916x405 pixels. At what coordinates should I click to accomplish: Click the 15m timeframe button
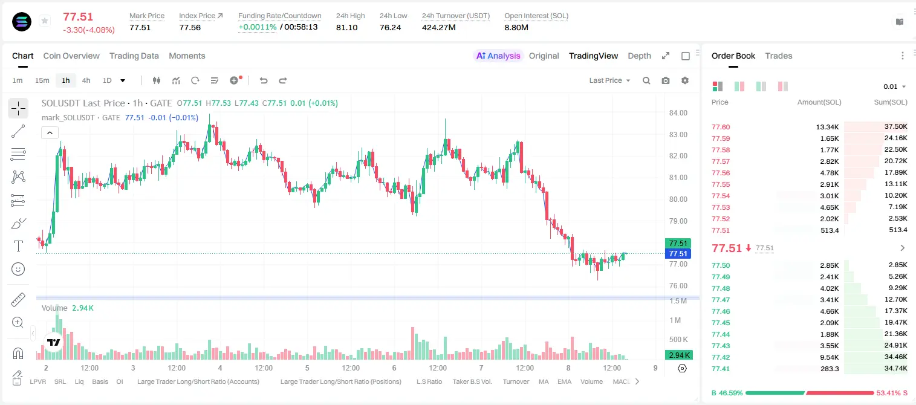click(x=42, y=80)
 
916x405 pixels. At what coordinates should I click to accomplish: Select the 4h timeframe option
click(x=86, y=80)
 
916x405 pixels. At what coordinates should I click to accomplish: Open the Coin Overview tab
click(x=71, y=56)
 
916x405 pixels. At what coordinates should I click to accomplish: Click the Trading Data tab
click(x=134, y=56)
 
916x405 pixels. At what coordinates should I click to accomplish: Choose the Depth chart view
click(x=639, y=56)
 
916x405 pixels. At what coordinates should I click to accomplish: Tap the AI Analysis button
click(x=498, y=56)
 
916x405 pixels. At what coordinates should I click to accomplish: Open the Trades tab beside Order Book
click(x=779, y=56)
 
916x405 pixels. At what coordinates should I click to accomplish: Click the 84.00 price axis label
click(x=678, y=113)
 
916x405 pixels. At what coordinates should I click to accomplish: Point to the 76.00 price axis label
click(x=678, y=286)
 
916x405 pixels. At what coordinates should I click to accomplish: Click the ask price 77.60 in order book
click(x=721, y=127)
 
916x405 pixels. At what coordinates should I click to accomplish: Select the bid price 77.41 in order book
click(x=721, y=369)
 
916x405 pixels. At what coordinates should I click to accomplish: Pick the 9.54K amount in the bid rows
click(x=830, y=357)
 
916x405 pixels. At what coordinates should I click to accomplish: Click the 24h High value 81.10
click(x=347, y=27)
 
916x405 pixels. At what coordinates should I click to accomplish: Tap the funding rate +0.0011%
click(x=257, y=27)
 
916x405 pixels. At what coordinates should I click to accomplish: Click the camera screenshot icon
click(x=666, y=80)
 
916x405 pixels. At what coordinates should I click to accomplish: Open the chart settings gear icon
click(x=685, y=80)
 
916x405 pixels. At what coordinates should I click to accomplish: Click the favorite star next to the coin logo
click(x=45, y=21)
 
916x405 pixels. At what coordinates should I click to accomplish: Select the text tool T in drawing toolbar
click(x=18, y=246)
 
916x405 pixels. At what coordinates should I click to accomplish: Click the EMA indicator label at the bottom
click(x=564, y=381)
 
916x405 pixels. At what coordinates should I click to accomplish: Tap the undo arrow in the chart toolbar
click(x=264, y=80)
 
